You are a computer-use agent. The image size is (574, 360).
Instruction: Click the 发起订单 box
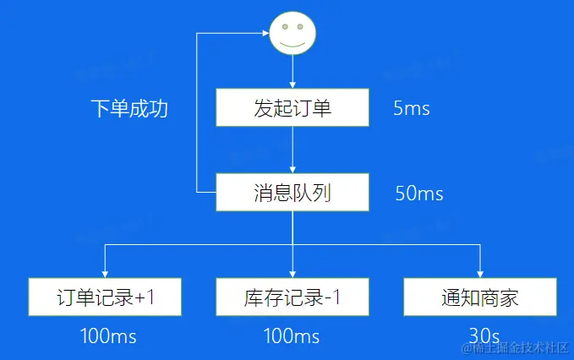[292, 108]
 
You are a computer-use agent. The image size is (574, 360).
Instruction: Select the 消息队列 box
[292, 193]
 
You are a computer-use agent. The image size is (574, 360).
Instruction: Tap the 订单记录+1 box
[105, 297]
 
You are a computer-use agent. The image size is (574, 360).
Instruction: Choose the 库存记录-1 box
[292, 297]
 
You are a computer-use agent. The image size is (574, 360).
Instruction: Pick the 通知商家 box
[479, 297]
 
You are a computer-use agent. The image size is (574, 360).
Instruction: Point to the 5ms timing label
[412, 109]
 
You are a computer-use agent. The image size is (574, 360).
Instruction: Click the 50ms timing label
[418, 194]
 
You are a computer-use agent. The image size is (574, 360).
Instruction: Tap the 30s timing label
[482, 336]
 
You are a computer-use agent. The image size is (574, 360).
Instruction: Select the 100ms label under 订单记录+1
[107, 336]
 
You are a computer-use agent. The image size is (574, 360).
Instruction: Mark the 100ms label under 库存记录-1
[292, 336]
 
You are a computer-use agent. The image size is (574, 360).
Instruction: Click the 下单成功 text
[129, 109]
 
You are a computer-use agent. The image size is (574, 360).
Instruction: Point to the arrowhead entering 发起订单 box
[292, 85]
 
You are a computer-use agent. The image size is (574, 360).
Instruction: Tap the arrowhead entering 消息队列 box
[292, 169]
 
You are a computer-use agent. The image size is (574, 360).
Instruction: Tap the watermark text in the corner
[512, 348]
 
